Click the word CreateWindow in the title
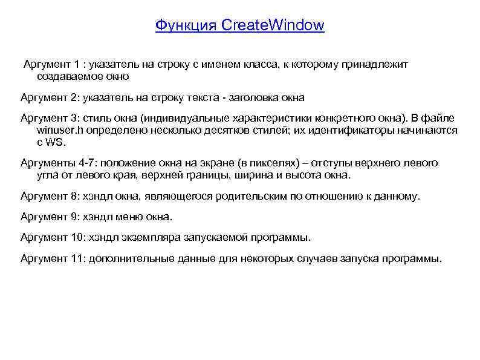(x=273, y=25)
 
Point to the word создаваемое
(x=67, y=77)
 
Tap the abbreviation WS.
(x=55, y=142)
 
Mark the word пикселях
(x=271, y=163)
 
